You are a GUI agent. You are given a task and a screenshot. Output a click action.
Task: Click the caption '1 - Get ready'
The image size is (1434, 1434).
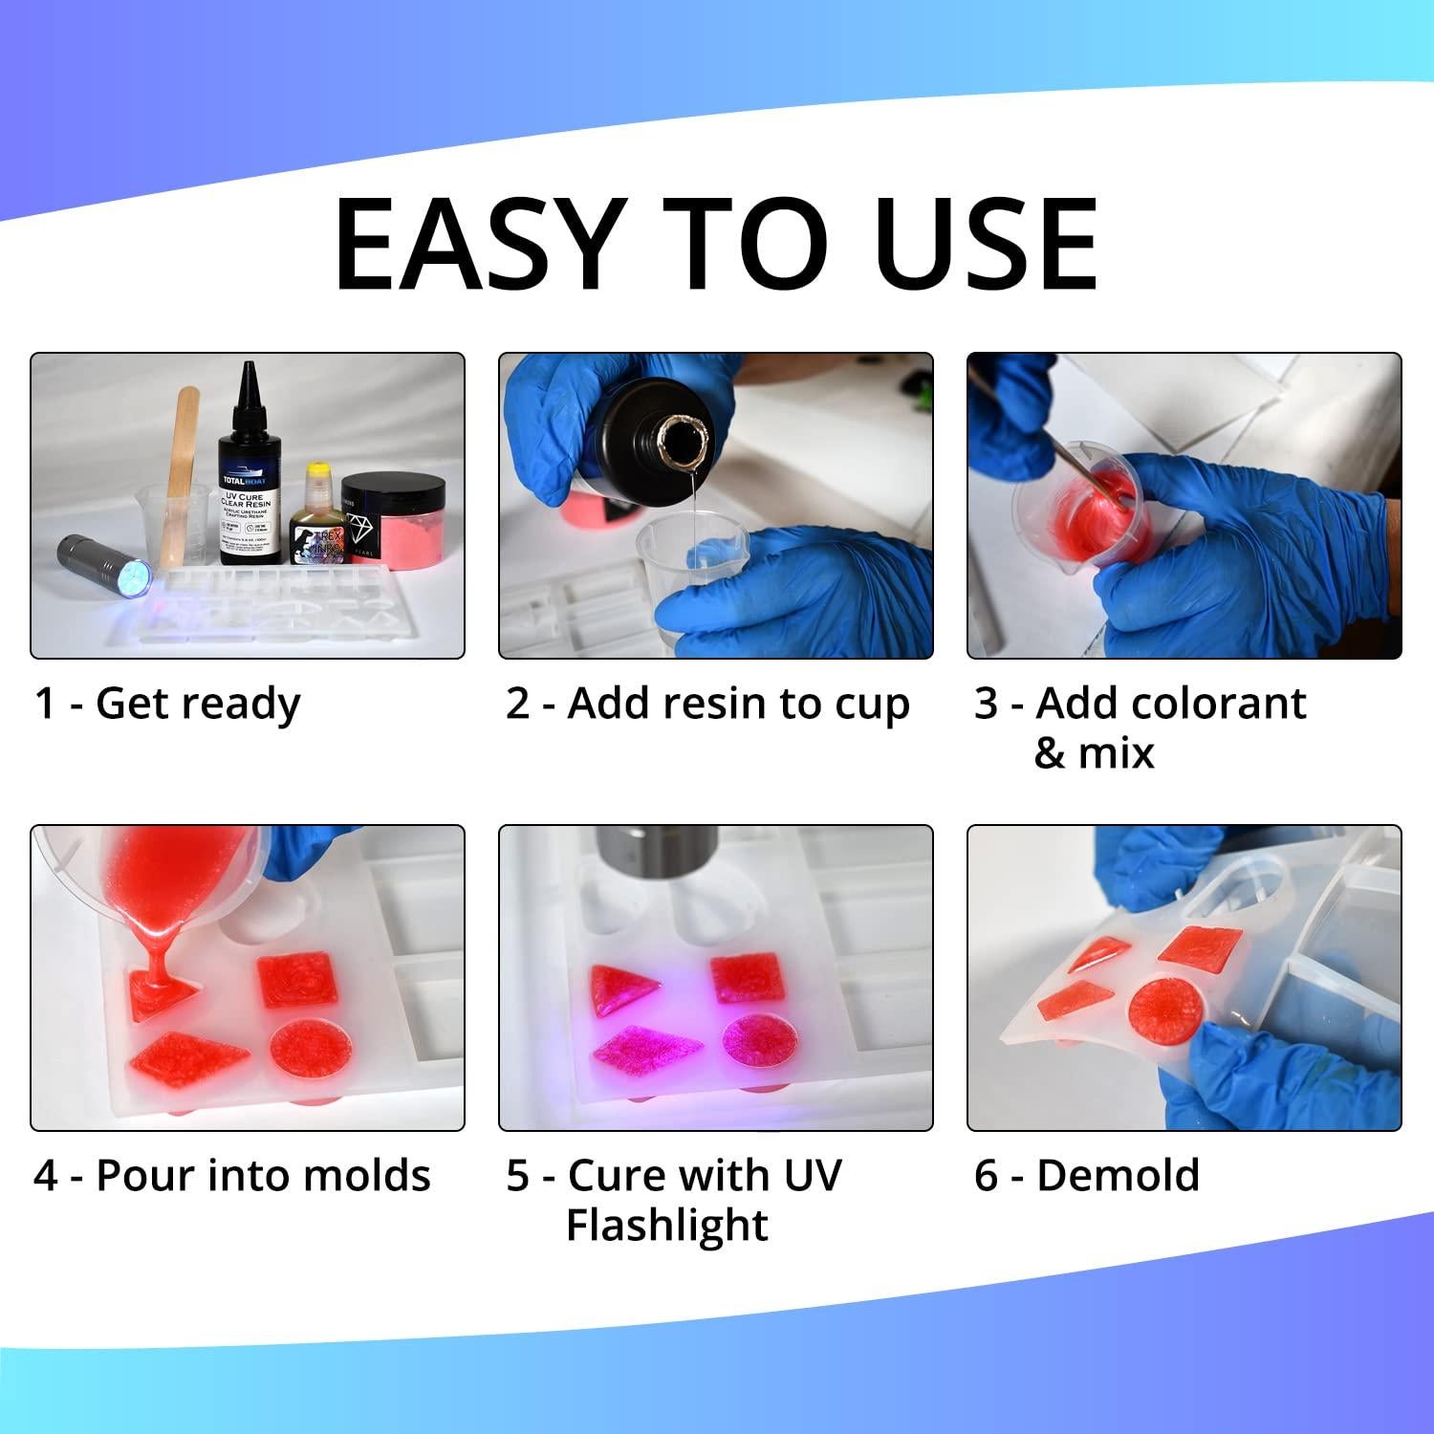167,705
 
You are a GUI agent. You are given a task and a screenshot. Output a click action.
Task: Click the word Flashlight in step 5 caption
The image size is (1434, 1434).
666,1226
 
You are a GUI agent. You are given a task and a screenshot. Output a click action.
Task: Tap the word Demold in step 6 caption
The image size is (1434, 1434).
1118,1176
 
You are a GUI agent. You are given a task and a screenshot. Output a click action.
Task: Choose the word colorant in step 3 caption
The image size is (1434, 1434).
1171,705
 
